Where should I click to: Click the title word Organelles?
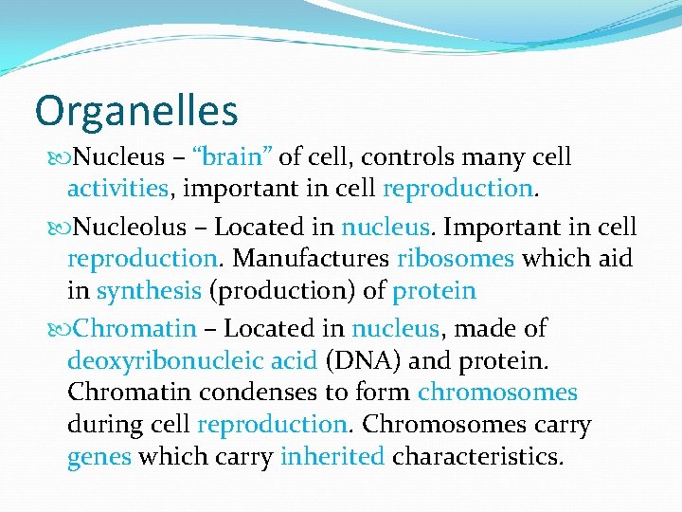click(x=135, y=112)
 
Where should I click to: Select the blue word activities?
click(x=117, y=188)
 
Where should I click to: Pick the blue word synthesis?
click(x=149, y=289)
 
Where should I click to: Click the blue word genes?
click(x=99, y=457)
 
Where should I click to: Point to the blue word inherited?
click(x=332, y=456)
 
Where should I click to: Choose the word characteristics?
click(x=477, y=456)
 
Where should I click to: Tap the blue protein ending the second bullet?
click(x=434, y=289)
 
